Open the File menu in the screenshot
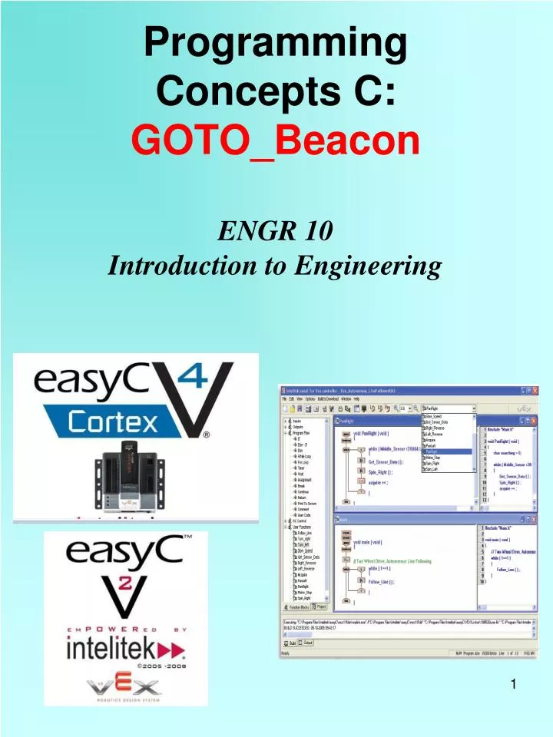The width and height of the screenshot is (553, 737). (x=284, y=399)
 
